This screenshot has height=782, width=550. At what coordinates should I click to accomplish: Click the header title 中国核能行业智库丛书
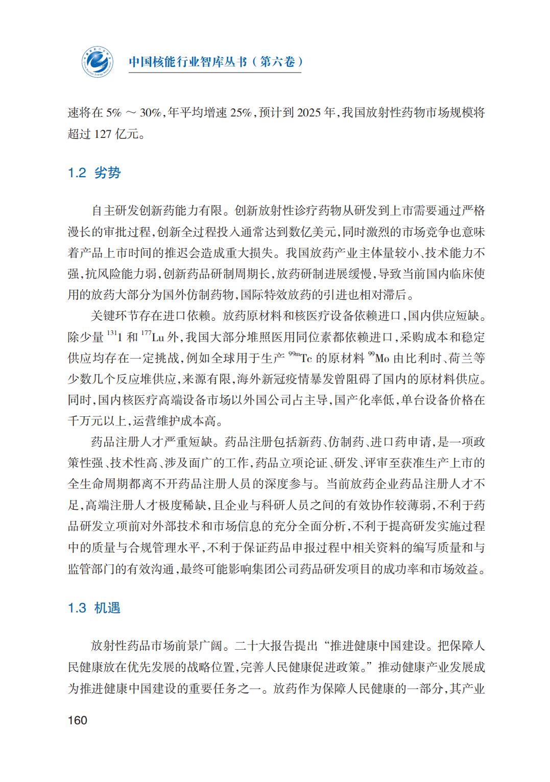click(187, 62)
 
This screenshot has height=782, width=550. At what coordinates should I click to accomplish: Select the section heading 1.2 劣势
click(94, 173)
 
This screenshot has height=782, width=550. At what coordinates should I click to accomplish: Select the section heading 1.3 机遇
click(94, 608)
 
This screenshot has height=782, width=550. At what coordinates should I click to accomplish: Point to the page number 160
click(77, 720)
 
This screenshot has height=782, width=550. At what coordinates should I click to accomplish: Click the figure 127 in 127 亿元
click(103, 134)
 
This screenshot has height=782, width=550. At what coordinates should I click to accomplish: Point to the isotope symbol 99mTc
click(301, 358)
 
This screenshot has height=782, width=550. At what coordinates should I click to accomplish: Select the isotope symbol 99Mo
click(378, 358)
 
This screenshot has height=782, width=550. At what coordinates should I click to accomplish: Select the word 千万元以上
click(98, 421)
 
